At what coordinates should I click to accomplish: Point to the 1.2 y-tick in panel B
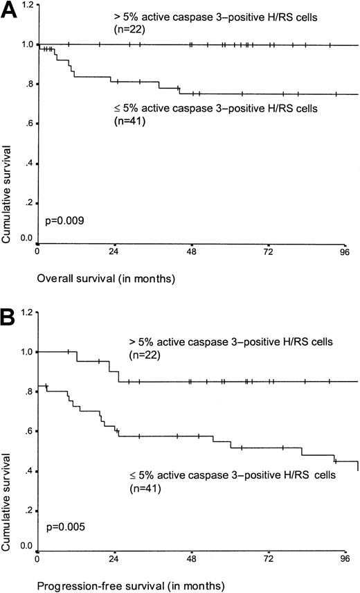coord(27,312)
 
